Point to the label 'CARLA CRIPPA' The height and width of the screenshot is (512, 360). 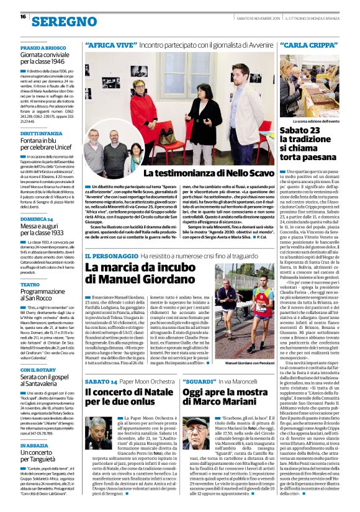[308, 46]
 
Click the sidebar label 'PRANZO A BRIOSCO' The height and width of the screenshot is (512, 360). [42, 47]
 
